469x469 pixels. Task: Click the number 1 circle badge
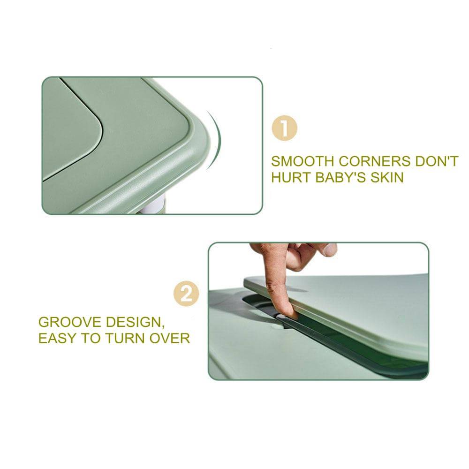point(284,129)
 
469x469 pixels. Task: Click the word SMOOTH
point(302,161)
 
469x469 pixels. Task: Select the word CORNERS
point(374,161)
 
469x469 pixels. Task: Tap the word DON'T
point(437,161)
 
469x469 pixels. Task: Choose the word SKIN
point(387,177)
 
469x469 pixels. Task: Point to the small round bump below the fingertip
point(278,324)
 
